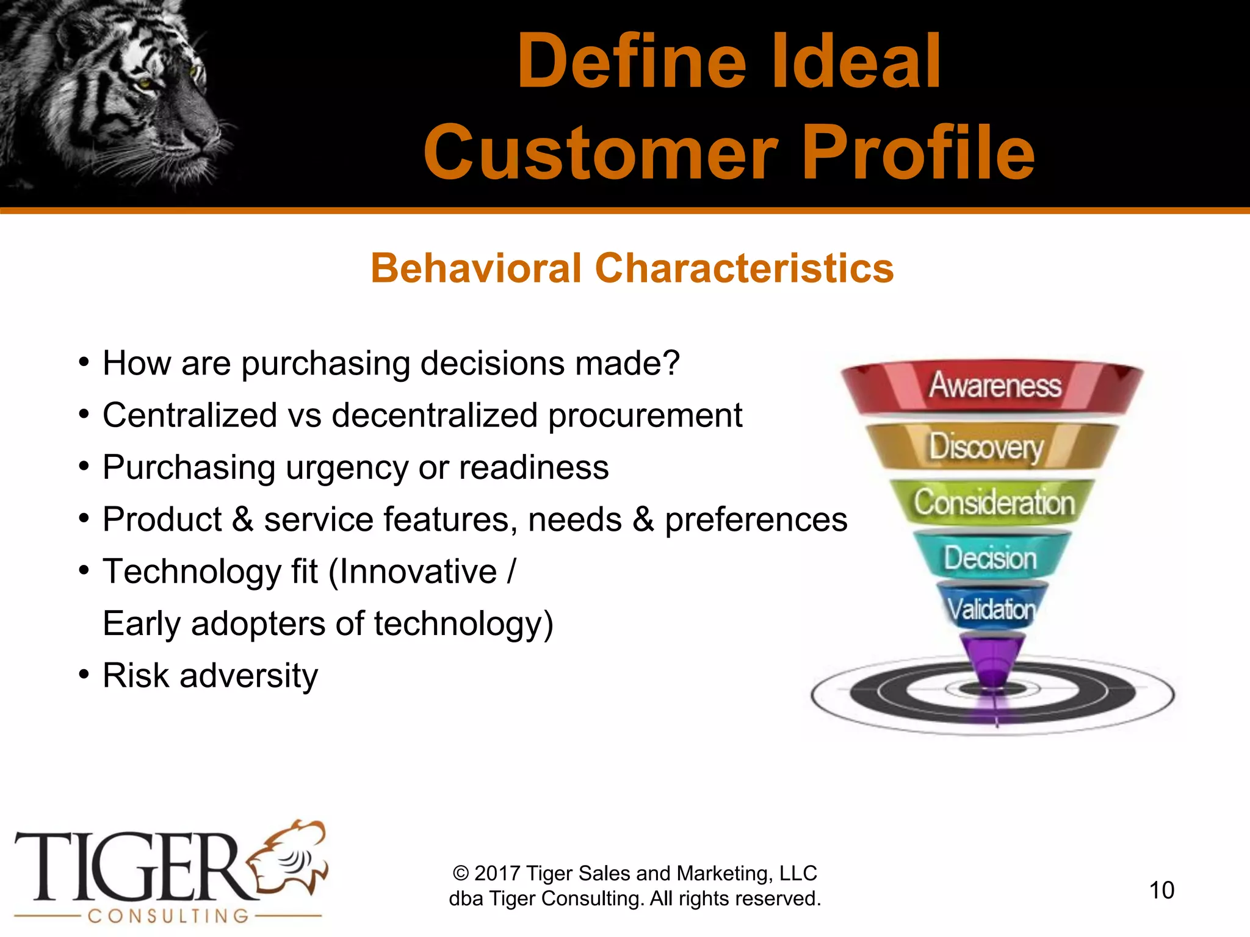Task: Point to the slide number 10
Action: [1161, 890]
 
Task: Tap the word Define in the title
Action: [632, 61]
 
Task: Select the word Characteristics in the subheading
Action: [744, 268]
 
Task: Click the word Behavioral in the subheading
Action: [476, 268]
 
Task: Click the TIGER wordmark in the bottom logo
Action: [131, 867]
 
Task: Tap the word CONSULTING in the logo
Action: [168, 916]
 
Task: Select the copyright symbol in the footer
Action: [461, 874]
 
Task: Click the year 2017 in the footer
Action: [497, 874]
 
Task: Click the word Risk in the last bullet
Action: [135, 675]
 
